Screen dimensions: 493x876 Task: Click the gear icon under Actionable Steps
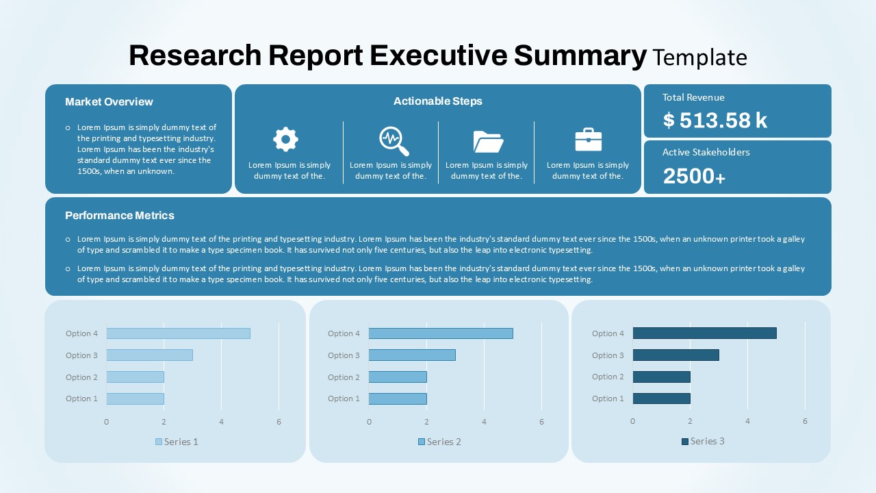point(285,139)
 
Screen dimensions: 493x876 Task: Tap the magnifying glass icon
point(394,140)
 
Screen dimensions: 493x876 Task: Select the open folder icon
point(488,141)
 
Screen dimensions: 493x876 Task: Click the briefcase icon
point(588,140)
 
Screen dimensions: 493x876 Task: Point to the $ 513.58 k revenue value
point(715,121)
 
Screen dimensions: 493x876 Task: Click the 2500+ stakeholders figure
point(694,176)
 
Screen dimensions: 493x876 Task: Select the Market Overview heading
point(109,101)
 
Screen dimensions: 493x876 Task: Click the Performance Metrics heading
point(120,215)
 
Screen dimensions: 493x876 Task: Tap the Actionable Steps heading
point(437,101)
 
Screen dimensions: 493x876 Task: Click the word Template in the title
point(699,57)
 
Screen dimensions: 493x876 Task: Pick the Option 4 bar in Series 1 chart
point(178,333)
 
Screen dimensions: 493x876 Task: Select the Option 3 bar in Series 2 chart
point(412,355)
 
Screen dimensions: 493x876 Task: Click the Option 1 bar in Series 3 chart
point(661,399)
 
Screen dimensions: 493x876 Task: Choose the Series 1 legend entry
point(177,442)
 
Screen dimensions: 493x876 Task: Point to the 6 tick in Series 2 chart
point(541,422)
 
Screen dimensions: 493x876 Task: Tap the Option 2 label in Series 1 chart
point(81,377)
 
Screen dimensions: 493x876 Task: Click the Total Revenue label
point(693,97)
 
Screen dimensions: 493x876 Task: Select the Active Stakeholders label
point(706,152)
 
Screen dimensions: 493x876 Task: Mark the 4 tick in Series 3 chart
point(747,421)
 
